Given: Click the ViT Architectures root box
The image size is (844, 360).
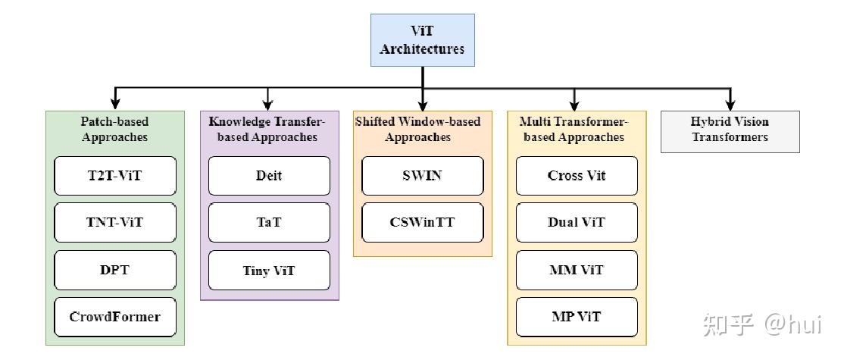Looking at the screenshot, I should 422,39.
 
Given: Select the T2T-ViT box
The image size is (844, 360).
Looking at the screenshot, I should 115,176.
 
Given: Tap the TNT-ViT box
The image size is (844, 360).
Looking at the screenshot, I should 115,223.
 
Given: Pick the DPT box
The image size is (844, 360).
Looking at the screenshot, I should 115,270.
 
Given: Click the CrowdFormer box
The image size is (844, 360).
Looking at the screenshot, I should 115,317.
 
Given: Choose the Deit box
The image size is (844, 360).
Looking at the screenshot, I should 269,176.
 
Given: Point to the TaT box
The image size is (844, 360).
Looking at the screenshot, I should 269,223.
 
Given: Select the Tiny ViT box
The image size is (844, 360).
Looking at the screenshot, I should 269,270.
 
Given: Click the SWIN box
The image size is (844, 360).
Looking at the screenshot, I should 422,176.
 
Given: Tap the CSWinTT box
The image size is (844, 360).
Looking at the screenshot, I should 422,223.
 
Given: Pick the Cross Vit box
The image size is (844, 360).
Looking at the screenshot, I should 577,176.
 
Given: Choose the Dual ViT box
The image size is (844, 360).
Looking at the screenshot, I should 577,223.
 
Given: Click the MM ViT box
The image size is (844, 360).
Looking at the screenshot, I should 577,270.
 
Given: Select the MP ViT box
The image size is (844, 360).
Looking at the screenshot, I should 577,317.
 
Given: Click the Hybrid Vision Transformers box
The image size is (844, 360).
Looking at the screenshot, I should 730,130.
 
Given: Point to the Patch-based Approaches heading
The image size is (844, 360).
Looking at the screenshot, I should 114,129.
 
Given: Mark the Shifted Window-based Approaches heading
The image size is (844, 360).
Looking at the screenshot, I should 417,129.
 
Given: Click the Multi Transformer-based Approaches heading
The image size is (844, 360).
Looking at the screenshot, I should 574,129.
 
